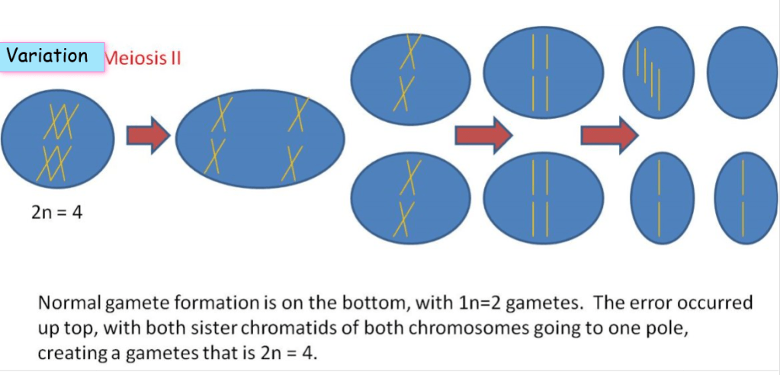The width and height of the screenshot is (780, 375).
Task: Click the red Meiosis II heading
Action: [143, 58]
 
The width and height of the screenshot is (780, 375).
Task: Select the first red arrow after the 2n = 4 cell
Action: [147, 136]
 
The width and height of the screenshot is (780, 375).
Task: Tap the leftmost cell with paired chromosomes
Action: [58, 141]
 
